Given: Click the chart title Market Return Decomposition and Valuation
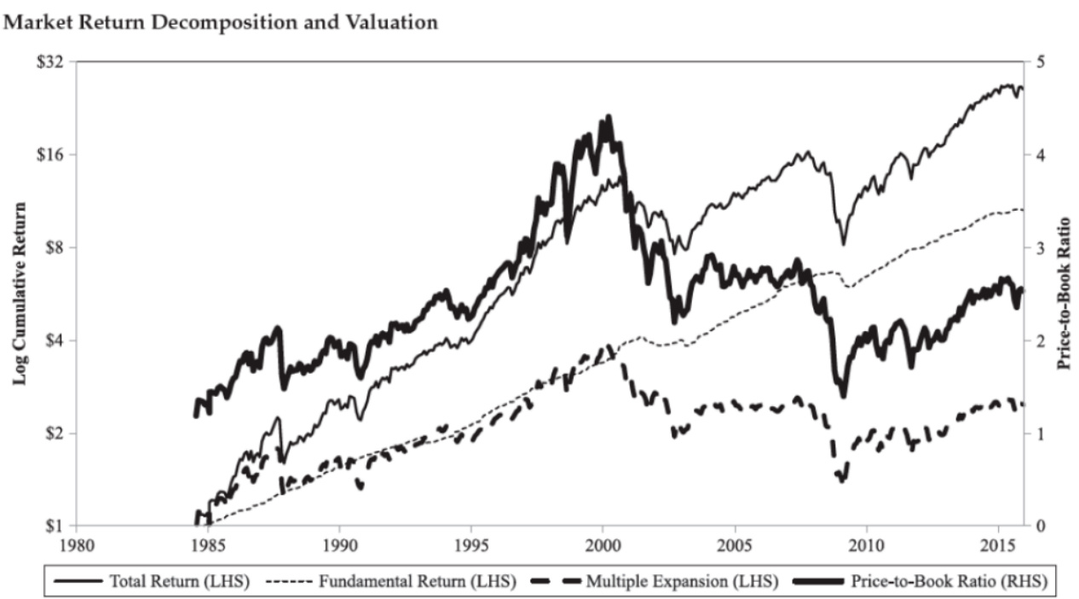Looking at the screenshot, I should pyautogui.click(x=222, y=23).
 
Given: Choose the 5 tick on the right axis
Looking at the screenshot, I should pyautogui.click(x=1041, y=62).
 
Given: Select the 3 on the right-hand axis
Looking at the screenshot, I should pyautogui.click(x=1041, y=247).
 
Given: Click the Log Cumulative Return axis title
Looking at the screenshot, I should pyautogui.click(x=20, y=294).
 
